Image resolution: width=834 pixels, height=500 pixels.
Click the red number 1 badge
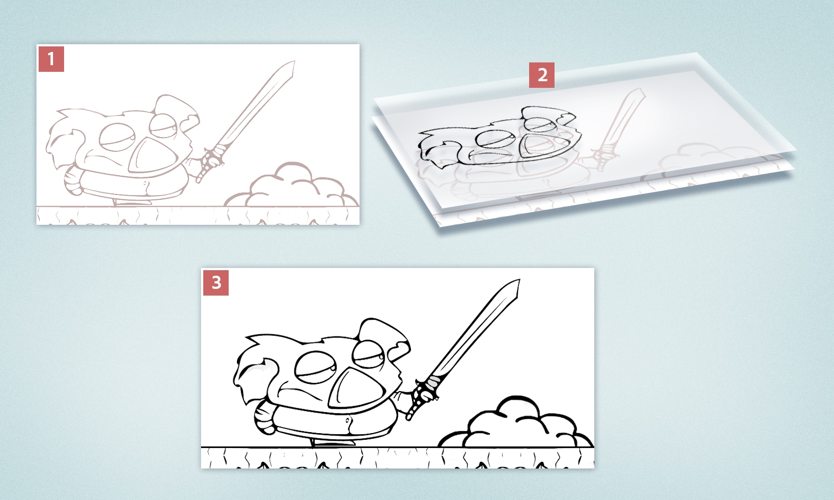click(51, 59)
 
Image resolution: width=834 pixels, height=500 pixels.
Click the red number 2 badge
click(542, 75)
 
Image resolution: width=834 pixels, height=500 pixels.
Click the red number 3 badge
click(216, 283)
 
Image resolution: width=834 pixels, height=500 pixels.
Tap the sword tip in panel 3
click(518, 283)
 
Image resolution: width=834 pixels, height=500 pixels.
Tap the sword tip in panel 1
click(293, 64)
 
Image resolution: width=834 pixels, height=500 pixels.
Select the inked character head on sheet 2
click(497, 138)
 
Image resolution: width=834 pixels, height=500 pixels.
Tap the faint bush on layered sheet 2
click(690, 157)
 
